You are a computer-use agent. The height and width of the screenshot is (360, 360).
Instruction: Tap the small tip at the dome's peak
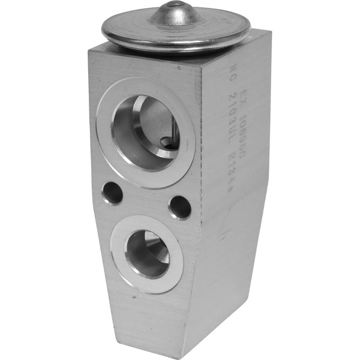tap(176, 5)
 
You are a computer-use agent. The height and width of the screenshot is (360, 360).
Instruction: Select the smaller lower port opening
tap(147, 253)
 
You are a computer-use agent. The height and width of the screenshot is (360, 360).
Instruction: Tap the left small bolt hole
tap(112, 193)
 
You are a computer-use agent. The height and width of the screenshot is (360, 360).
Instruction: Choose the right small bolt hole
tap(180, 207)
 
